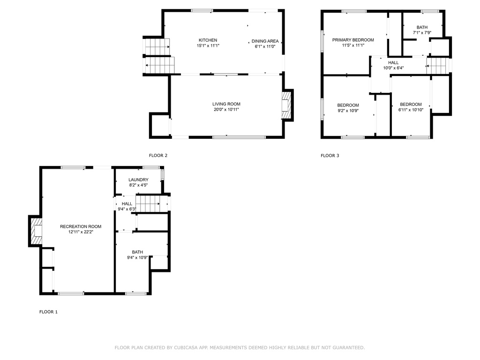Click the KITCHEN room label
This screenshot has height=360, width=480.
coord(208,40)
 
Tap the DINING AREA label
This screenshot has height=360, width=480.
coord(265,41)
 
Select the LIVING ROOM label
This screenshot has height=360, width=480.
coord(226,104)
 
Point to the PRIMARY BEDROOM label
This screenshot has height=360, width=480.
coord(353,40)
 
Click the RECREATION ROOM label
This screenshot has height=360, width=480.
coord(81,226)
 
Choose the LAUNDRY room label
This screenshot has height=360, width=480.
coord(138,180)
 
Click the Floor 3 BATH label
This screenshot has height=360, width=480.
coord(422,27)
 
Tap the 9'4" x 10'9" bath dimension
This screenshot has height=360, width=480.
coord(137,258)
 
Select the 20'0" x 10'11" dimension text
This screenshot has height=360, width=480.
coord(226,110)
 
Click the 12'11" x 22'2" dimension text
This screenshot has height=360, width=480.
coord(81,232)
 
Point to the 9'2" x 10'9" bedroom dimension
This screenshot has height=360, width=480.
coord(348,111)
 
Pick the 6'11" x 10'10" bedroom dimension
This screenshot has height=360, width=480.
coord(411,110)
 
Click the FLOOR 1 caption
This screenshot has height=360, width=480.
coord(48,312)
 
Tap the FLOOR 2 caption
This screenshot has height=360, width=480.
coord(158,156)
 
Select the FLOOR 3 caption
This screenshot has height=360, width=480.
coord(330,156)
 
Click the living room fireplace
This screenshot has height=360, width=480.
coord(286,105)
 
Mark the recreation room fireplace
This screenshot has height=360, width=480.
coord(36,231)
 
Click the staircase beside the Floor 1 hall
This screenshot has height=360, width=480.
coord(148,204)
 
